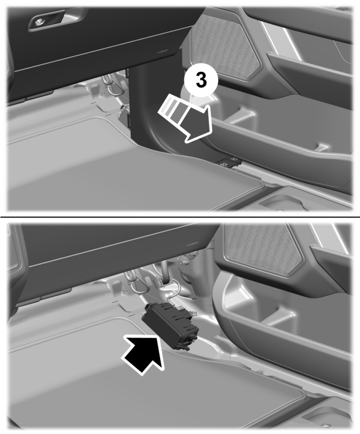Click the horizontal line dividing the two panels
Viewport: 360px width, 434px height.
(x=180, y=216)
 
